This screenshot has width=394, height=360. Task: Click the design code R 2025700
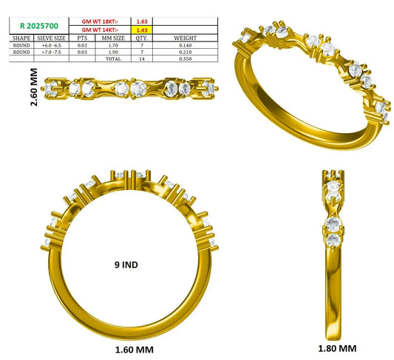39,26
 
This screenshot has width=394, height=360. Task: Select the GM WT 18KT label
100,21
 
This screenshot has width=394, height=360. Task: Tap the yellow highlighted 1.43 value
142,30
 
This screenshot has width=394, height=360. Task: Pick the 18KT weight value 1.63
142,21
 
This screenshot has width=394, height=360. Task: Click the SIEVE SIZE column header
51,38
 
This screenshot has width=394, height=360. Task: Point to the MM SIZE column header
113,38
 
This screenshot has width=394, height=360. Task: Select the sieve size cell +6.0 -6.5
51,45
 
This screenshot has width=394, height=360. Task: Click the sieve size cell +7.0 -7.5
51,52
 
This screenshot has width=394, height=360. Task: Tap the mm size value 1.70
113,45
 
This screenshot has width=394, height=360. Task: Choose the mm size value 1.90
113,52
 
